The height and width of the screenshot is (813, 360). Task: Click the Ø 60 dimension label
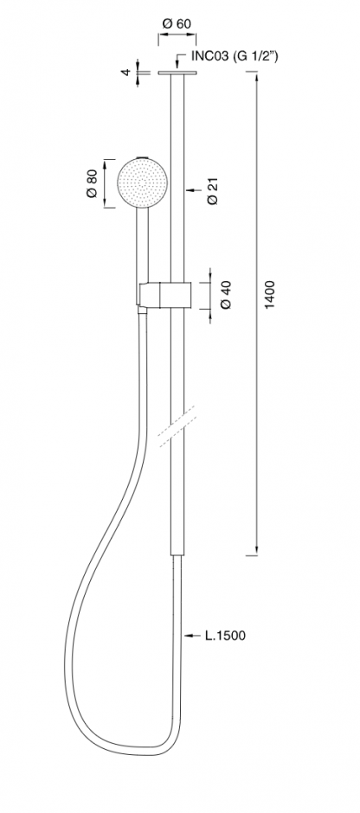pyautogui.click(x=177, y=24)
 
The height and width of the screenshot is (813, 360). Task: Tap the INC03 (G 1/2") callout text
pyautogui.click(x=235, y=56)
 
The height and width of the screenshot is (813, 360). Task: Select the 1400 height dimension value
pyautogui.click(x=269, y=295)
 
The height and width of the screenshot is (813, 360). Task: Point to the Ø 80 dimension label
pyautogui.click(x=91, y=184)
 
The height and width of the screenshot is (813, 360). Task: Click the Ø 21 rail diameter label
pyautogui.click(x=213, y=191)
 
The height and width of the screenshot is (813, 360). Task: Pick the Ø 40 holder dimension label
pyautogui.click(x=226, y=296)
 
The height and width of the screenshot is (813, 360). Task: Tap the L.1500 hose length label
pyautogui.click(x=225, y=635)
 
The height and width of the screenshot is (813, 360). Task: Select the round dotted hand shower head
pyautogui.click(x=142, y=184)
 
